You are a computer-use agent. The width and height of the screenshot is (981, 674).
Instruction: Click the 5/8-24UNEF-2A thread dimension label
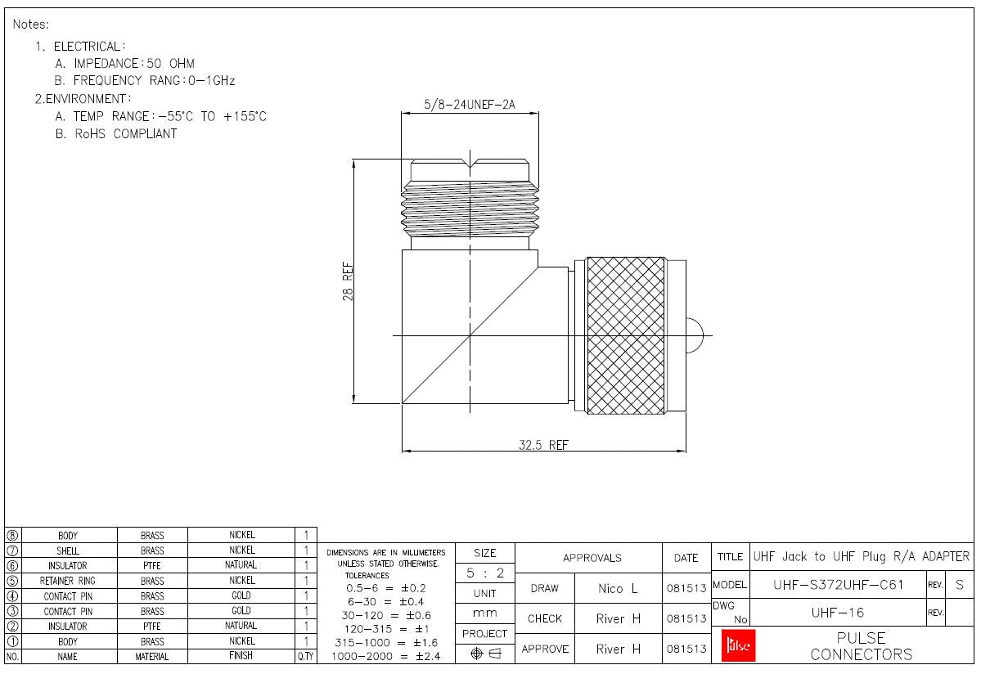470,106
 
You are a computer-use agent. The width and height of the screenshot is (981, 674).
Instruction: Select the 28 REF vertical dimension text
348,281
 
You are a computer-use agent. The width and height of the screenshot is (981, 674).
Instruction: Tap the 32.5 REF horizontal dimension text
543,445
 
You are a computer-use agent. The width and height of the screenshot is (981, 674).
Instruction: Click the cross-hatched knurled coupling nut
626,335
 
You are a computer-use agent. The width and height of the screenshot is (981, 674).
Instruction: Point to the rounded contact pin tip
695,335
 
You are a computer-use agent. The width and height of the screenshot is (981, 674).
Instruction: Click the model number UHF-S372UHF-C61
838,585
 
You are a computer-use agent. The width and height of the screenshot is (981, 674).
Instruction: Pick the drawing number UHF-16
838,612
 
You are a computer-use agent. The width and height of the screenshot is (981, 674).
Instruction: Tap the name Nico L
619,588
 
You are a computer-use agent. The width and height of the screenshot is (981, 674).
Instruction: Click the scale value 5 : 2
484,573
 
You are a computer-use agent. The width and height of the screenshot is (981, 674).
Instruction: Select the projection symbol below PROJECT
484,652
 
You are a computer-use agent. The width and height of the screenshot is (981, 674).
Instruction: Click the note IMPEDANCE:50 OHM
124,63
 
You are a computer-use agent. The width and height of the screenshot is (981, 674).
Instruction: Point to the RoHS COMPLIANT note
115,133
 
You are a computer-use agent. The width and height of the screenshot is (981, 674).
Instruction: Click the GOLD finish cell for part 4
241,595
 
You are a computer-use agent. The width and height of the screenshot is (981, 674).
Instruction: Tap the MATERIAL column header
152,656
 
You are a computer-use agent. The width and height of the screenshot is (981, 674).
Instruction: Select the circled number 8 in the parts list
12,535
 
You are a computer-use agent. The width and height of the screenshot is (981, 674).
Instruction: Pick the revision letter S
959,585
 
